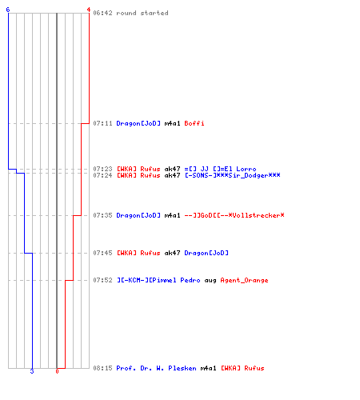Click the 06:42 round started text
(130, 13)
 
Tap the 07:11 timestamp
(102, 123)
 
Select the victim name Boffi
(194, 123)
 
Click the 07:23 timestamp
(102, 169)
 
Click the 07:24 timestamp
(102, 175)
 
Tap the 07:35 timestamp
(102, 215)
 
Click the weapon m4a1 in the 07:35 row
(172, 215)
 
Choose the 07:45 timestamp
(102, 253)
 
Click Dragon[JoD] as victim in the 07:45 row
(206, 253)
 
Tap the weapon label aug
(210, 281)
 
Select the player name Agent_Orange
(244, 281)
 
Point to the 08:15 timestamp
(102, 368)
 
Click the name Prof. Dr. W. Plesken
(156, 368)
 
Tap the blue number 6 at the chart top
(8, 10)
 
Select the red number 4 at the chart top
(89, 10)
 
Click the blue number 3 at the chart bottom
(32, 371)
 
